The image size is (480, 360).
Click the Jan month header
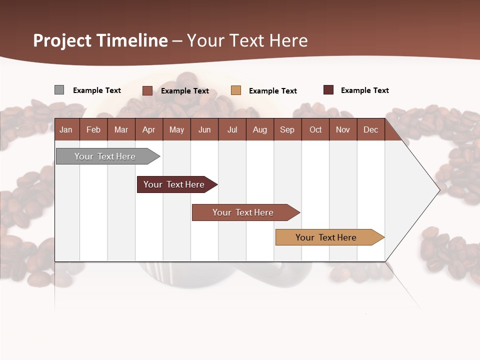(x=66, y=129)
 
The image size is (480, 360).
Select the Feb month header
(x=93, y=129)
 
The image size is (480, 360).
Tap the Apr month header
(x=148, y=129)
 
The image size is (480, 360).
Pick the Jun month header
(x=204, y=129)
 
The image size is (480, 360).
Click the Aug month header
(x=259, y=129)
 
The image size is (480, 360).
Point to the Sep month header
(x=287, y=129)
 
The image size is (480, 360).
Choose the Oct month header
(x=315, y=129)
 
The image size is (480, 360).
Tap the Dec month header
(x=370, y=129)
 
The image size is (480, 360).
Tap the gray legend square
(x=59, y=90)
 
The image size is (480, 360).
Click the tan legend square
(x=236, y=90)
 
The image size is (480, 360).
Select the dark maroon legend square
(x=328, y=90)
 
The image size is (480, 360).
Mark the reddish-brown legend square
(x=147, y=90)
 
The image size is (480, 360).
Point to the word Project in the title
(x=62, y=40)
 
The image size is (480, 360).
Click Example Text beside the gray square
(x=97, y=90)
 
